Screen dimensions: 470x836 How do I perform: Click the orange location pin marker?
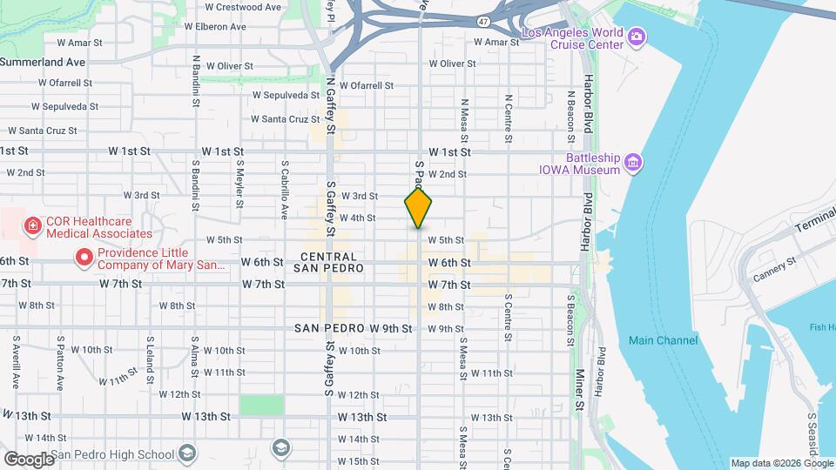pyautogui.click(x=419, y=208)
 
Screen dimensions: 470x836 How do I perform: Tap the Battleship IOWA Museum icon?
pyautogui.click(x=633, y=163)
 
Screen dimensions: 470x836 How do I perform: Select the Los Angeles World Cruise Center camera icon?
pyautogui.click(x=637, y=36)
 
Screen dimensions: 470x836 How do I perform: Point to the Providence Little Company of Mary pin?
pyautogui.click(x=84, y=257)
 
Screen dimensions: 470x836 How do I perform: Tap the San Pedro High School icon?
pyautogui.click(x=186, y=453)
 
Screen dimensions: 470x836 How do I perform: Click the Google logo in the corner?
pyautogui.click(x=29, y=459)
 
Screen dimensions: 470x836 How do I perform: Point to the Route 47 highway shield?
pyautogui.click(x=484, y=20)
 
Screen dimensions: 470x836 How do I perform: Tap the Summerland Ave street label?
pyautogui.click(x=43, y=62)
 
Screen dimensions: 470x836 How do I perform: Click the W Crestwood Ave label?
pyautogui.click(x=243, y=7)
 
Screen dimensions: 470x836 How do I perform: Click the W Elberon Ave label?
pyautogui.click(x=213, y=27)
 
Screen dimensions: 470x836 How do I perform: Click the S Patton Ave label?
pyautogui.click(x=61, y=364)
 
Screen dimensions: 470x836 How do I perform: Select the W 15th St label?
pyautogui.click(x=357, y=460)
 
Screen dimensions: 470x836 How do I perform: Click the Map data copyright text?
pyautogui.click(x=780, y=463)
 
